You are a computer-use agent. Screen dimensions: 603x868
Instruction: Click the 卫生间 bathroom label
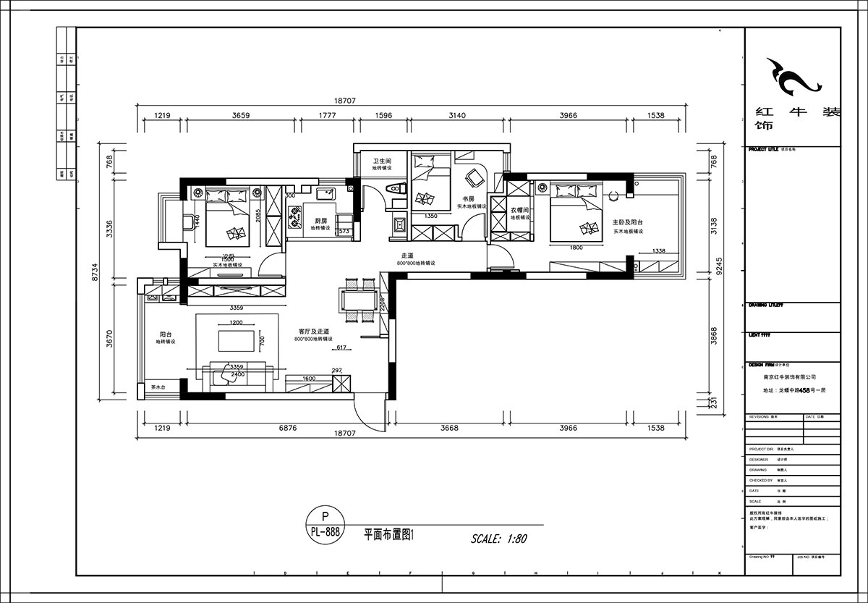coord(382,161)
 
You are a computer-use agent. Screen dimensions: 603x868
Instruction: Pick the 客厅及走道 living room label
coord(313,331)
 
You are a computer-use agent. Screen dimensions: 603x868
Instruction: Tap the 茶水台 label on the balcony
coord(158,388)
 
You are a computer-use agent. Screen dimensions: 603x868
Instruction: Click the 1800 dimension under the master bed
coord(576,248)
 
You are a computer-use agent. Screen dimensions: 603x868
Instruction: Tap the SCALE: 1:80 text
coord(499,539)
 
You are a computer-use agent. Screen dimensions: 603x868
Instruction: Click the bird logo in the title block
coord(793,77)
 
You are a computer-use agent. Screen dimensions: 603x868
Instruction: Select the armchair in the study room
coord(475,177)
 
